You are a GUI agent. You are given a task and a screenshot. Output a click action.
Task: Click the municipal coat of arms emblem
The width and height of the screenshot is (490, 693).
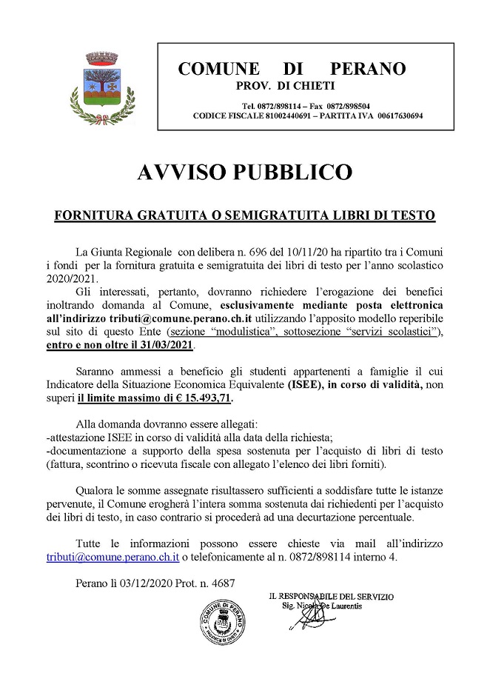click(x=99, y=87)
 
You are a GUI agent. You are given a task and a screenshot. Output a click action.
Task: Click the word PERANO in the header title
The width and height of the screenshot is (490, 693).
click(x=368, y=69)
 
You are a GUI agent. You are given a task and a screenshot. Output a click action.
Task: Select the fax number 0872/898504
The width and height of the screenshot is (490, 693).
click(x=346, y=106)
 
